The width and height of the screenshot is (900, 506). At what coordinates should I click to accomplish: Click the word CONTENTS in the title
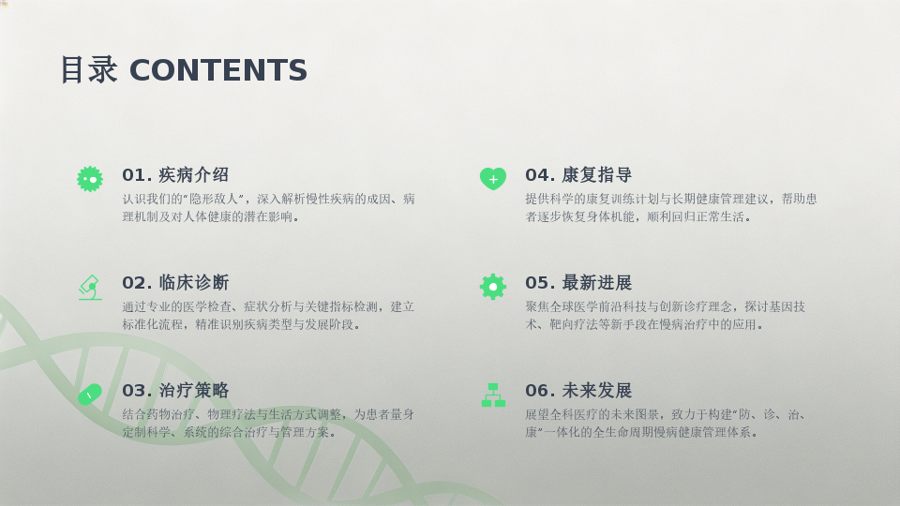click(x=218, y=70)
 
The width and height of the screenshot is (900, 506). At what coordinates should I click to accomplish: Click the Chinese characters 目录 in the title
click(x=89, y=70)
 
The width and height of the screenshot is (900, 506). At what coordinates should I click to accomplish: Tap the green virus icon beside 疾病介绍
click(x=90, y=179)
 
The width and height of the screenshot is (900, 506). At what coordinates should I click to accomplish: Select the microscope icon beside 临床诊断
click(x=90, y=288)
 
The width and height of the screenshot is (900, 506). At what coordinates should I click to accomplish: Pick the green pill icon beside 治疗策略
click(x=90, y=394)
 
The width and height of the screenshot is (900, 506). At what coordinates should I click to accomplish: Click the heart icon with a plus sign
click(x=493, y=178)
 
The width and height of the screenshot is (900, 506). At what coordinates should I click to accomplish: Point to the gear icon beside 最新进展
click(x=493, y=287)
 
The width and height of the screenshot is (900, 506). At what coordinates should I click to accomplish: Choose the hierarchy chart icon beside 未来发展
click(x=493, y=394)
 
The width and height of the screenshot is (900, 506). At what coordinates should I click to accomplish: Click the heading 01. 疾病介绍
click(x=175, y=174)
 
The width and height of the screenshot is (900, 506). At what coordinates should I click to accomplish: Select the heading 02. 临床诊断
click(x=175, y=282)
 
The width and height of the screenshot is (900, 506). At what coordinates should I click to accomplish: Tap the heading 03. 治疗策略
click(x=175, y=390)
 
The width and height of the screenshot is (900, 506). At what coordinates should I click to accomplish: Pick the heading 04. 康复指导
click(x=578, y=174)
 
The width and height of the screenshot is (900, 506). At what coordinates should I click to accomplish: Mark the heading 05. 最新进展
click(x=578, y=282)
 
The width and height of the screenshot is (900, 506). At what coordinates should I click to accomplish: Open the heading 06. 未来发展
click(x=578, y=390)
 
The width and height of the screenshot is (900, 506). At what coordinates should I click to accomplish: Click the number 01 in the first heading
click(x=134, y=175)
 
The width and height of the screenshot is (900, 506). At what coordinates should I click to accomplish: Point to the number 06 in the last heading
click(x=537, y=391)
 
